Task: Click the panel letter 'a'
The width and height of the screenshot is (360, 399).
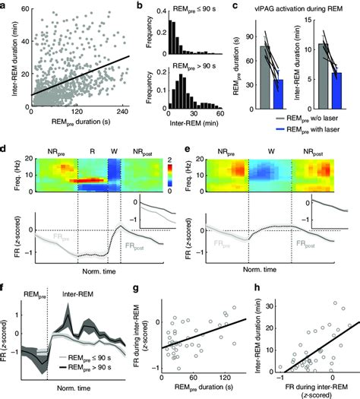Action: click(5, 6)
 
